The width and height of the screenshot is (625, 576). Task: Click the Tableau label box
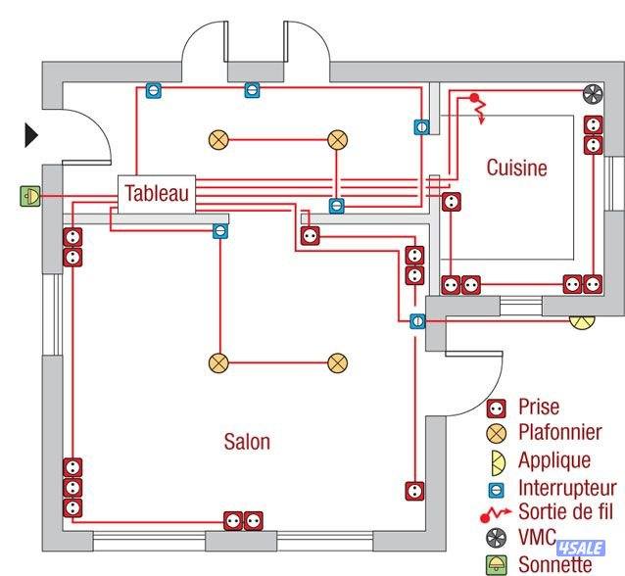coord(157,193)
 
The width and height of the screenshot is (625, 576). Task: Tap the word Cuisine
coord(516,168)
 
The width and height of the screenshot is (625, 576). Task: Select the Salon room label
coord(247,442)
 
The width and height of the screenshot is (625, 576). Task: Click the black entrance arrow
coord(32,135)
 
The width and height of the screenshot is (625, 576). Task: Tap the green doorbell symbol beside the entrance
coord(29,196)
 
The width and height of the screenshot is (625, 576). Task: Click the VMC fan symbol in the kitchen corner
coord(592,95)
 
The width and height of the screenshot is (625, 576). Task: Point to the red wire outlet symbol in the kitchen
coord(477,104)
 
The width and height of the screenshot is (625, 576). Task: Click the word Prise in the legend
coord(540,407)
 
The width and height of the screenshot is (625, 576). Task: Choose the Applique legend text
coord(553,459)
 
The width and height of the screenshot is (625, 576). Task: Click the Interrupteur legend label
coord(567,487)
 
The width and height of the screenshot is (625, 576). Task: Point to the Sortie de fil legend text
coord(569,511)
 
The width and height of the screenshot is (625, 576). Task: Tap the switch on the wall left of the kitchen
coord(421,127)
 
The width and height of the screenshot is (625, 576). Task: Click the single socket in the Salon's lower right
coord(415,490)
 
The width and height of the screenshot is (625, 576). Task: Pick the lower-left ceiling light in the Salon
coord(217,363)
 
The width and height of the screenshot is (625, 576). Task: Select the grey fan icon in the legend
coord(497,537)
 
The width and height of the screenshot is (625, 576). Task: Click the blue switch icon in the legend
coord(497,487)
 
